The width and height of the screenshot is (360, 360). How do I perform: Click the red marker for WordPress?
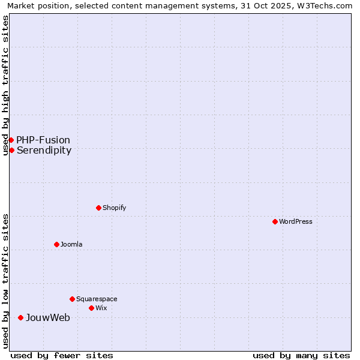click(275, 221)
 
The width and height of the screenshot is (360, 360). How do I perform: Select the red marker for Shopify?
click(98, 208)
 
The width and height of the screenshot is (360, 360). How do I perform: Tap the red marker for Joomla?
click(56, 244)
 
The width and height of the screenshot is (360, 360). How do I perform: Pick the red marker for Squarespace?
click(72, 299)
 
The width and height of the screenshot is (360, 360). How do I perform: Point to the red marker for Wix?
click(91, 308)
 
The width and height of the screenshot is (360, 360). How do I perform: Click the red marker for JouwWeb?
click(20, 317)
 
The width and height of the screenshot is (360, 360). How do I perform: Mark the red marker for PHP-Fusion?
click(11, 140)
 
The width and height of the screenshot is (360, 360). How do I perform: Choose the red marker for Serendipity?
click(11, 150)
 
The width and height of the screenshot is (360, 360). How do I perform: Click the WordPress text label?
click(296, 221)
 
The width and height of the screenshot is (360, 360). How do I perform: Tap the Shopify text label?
click(114, 208)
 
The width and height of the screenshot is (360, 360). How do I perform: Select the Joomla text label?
click(71, 244)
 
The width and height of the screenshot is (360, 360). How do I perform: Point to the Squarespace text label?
click(97, 299)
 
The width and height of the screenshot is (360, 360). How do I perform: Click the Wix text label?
click(101, 308)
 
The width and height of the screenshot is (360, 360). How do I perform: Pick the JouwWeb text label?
click(47, 317)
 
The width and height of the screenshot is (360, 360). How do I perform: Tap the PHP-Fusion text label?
click(43, 140)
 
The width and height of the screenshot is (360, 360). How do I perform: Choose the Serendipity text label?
click(44, 150)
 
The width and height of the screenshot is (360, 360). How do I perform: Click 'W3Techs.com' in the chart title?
click(328, 5)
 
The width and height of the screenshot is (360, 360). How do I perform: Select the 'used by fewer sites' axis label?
click(62, 355)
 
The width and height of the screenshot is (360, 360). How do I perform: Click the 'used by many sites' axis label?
click(301, 355)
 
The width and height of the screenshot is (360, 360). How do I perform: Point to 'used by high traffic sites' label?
click(5, 85)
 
